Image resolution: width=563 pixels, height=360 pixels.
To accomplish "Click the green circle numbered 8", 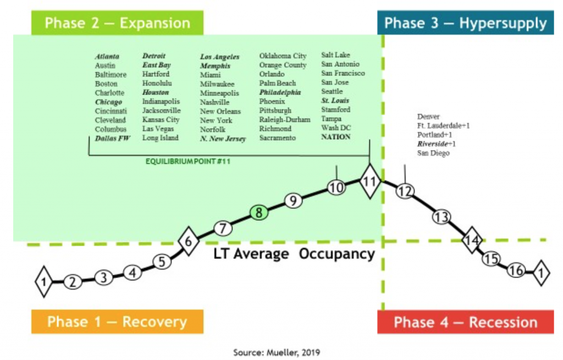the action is (x=259, y=213).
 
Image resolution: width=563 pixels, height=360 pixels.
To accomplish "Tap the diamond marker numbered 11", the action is (x=370, y=181).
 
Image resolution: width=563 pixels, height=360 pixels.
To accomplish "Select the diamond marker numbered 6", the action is (x=189, y=241).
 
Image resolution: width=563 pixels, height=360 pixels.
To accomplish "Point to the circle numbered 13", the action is (x=441, y=217).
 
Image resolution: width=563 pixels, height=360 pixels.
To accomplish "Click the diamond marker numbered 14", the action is (x=472, y=240).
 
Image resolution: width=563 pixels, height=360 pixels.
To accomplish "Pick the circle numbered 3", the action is (x=104, y=278).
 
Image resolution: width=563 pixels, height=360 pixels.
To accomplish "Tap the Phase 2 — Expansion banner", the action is (x=118, y=23).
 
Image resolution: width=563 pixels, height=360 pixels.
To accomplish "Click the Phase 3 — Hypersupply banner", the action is (x=465, y=23).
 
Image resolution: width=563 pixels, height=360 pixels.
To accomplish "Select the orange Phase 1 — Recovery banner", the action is (x=118, y=322).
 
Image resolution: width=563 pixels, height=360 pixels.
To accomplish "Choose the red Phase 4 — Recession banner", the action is (x=465, y=322).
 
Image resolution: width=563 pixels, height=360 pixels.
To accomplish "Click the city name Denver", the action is (x=428, y=117).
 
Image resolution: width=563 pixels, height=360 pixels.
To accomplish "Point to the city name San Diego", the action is (x=433, y=153).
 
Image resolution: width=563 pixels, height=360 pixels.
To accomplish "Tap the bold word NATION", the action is (x=336, y=137).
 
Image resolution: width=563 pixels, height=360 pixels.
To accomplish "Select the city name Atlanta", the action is (x=107, y=57).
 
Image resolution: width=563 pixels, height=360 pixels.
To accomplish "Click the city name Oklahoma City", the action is (x=283, y=56).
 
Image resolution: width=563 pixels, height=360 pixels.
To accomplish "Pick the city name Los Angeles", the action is (x=220, y=57).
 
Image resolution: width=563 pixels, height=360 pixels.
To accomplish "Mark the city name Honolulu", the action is (x=157, y=84).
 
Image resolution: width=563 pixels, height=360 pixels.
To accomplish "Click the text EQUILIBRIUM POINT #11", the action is (x=188, y=162).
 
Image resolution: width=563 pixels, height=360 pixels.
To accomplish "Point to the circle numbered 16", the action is (x=516, y=270).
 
